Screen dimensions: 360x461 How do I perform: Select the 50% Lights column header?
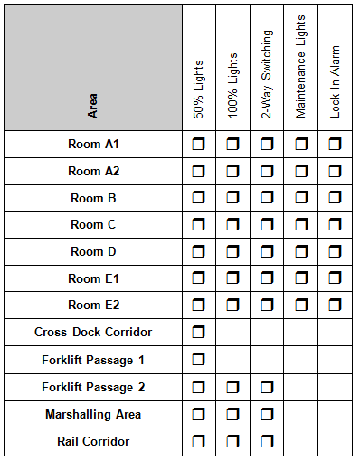199,90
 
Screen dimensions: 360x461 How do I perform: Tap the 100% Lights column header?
232,90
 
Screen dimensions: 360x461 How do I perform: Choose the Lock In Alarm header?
336,81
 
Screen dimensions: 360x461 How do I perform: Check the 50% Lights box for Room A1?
199,144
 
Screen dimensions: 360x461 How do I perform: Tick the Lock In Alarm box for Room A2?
336,171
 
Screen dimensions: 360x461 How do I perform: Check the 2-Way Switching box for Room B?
267,198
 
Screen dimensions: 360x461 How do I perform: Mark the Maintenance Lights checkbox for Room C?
301,225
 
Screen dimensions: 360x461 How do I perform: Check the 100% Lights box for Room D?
232,251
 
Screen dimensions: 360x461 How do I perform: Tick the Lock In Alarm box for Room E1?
336,278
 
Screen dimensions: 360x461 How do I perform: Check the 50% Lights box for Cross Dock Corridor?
199,333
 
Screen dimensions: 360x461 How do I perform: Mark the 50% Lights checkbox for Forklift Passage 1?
199,360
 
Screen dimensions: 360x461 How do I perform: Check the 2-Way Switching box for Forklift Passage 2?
267,387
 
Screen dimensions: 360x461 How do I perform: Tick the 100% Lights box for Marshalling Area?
232,414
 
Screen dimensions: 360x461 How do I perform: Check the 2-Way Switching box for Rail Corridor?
267,441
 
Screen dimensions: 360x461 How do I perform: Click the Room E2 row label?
93,306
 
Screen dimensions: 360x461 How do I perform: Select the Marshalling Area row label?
93,414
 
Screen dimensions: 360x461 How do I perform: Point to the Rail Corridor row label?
93,441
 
